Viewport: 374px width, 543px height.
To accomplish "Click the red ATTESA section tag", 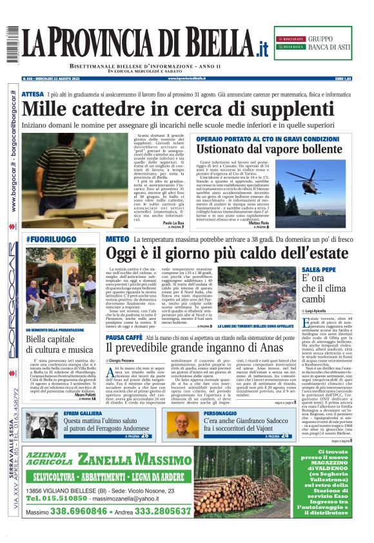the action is coord(32,94).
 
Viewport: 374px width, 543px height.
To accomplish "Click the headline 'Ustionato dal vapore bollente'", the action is coord(270,149).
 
